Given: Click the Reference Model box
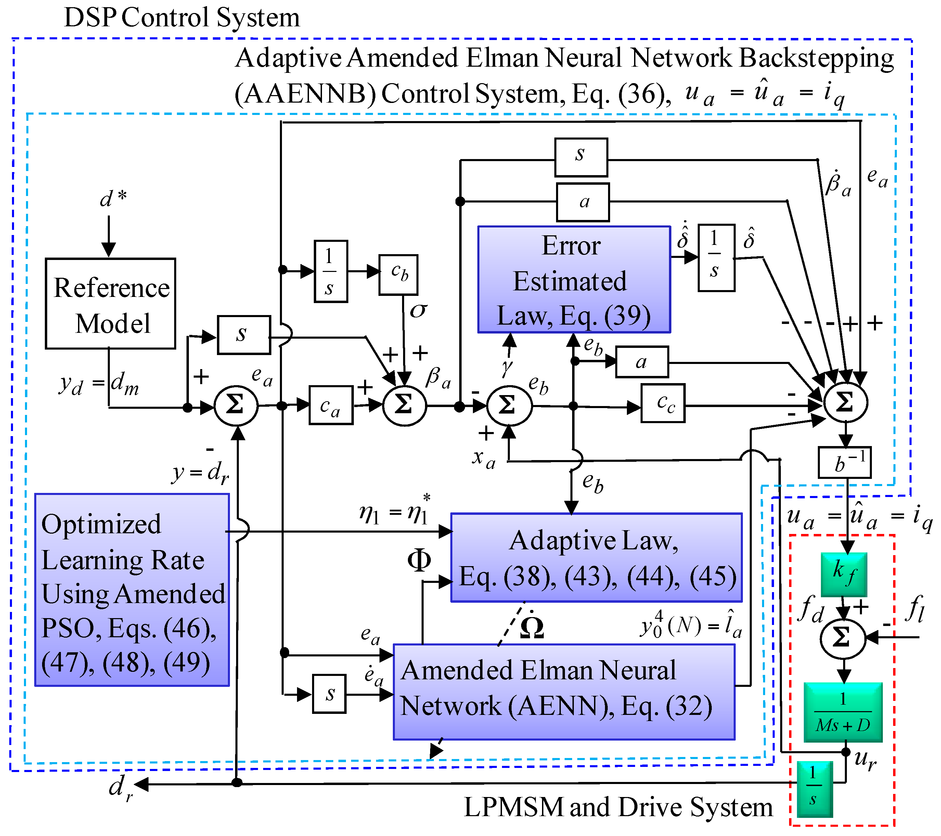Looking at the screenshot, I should point(111,304).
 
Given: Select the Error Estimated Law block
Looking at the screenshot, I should point(574,280).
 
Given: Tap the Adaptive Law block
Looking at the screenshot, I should point(596,558).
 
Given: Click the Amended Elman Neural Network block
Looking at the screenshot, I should point(564,689).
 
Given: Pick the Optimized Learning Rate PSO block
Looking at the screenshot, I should point(132,590).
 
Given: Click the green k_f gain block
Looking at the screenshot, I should point(844,574).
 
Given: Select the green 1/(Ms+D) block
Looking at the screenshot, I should point(843,712).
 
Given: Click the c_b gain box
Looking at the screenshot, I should point(399,275).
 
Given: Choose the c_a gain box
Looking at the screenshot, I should point(331,405).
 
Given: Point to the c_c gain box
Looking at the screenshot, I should point(663,404).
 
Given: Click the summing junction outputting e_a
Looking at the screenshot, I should point(236,405).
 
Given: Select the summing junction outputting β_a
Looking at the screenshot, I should point(404,405).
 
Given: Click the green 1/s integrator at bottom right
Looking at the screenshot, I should point(814,788).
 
